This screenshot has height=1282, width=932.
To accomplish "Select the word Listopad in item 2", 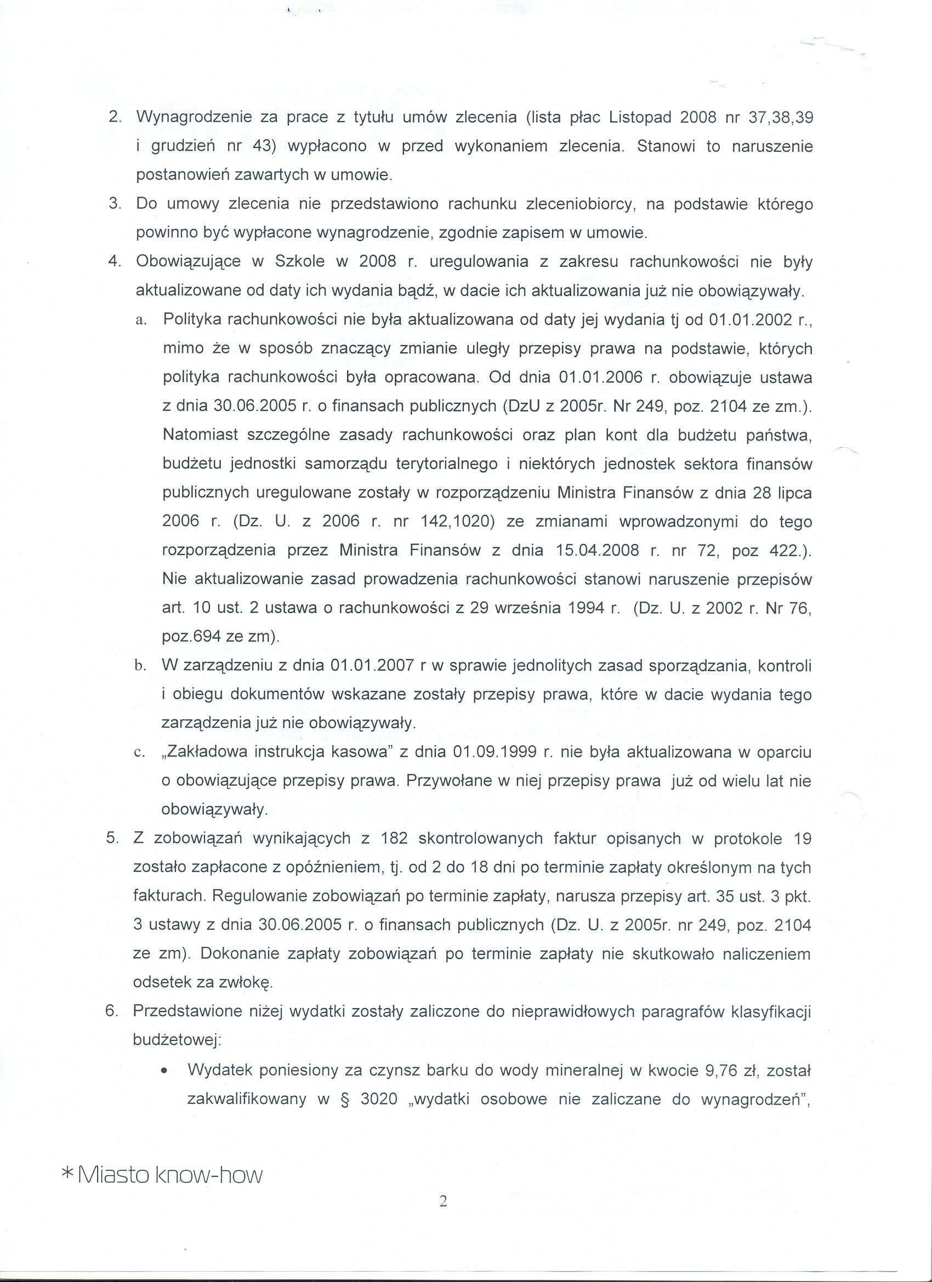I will click(640, 118).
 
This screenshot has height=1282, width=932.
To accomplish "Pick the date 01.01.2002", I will click(751, 320).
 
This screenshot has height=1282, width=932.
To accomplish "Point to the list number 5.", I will click(112, 839).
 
